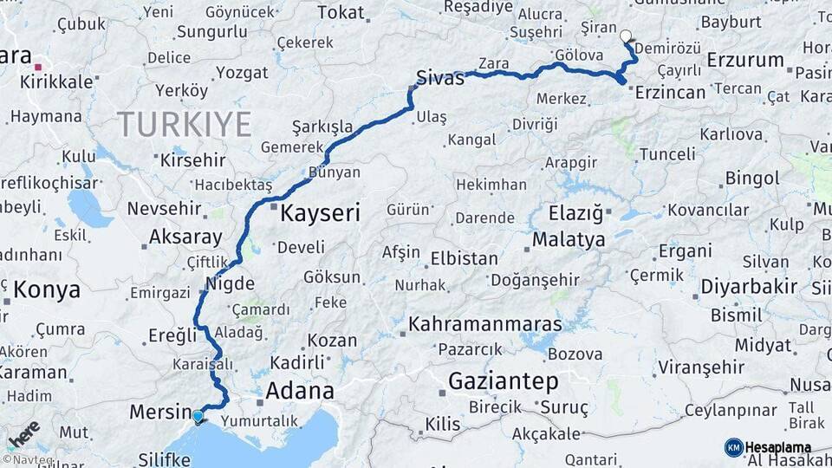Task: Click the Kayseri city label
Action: [321, 211]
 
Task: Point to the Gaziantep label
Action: [504, 380]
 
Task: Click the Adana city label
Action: [299, 390]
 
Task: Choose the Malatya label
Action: [569, 240]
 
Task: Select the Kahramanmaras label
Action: [484, 325]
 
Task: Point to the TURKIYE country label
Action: [185, 124]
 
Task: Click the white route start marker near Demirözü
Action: [627, 36]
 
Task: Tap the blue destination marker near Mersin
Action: [198, 416]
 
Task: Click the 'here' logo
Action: [23, 432]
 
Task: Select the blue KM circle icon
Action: [733, 447]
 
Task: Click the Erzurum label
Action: [745, 60]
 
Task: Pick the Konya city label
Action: [47, 290]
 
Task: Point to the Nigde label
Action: [230, 283]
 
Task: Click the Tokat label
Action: [341, 12]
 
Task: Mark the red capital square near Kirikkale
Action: [37, 65]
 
